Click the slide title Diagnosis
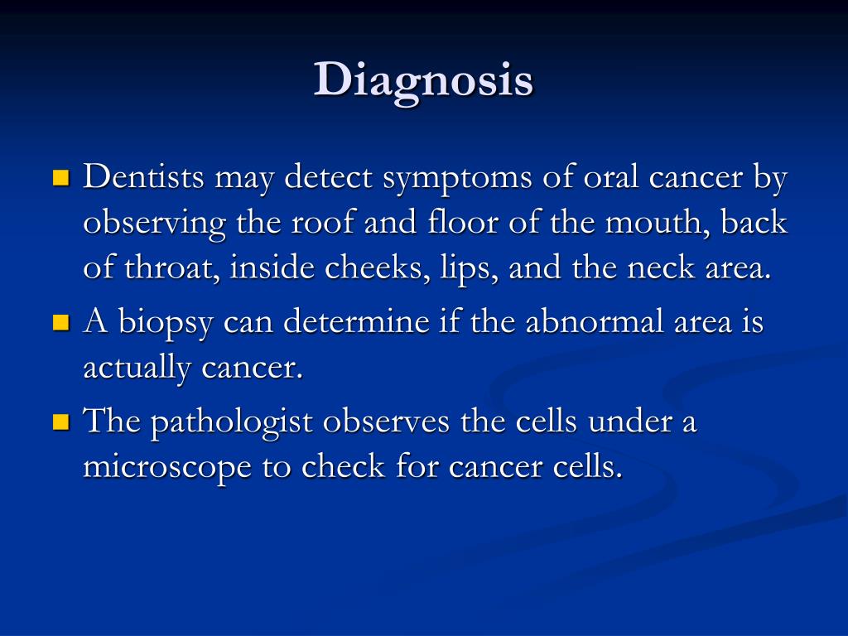tap(423, 81)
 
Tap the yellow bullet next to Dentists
tap(61, 177)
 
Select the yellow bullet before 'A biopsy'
tap(61, 322)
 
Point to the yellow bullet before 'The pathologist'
tap(61, 422)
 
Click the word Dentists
tap(143, 176)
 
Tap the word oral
tap(610, 176)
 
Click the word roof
tap(322, 222)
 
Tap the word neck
tap(660, 267)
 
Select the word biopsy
tap(166, 324)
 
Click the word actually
tap(137, 369)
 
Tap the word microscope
tap(167, 468)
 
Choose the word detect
tap(328, 176)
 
